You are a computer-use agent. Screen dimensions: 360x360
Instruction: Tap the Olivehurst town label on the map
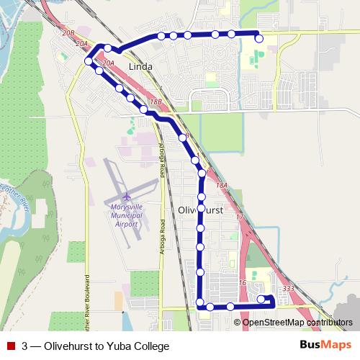(200, 211)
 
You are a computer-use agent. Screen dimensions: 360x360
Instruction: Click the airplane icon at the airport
(127, 195)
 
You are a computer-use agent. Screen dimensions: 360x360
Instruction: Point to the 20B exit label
(68, 33)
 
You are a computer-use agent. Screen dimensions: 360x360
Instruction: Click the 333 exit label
(289, 288)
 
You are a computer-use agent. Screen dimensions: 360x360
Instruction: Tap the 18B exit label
(156, 103)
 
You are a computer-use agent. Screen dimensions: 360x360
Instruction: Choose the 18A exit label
(222, 185)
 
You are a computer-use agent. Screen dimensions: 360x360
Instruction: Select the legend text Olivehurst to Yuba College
(95, 346)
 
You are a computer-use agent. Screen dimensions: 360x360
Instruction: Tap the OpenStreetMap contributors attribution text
(297, 322)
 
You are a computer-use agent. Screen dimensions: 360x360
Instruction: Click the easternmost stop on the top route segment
(259, 39)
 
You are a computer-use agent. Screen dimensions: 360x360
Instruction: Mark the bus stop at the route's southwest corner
(199, 305)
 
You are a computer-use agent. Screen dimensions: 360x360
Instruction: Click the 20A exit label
(109, 64)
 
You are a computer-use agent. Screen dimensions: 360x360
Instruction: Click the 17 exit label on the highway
(240, 217)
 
